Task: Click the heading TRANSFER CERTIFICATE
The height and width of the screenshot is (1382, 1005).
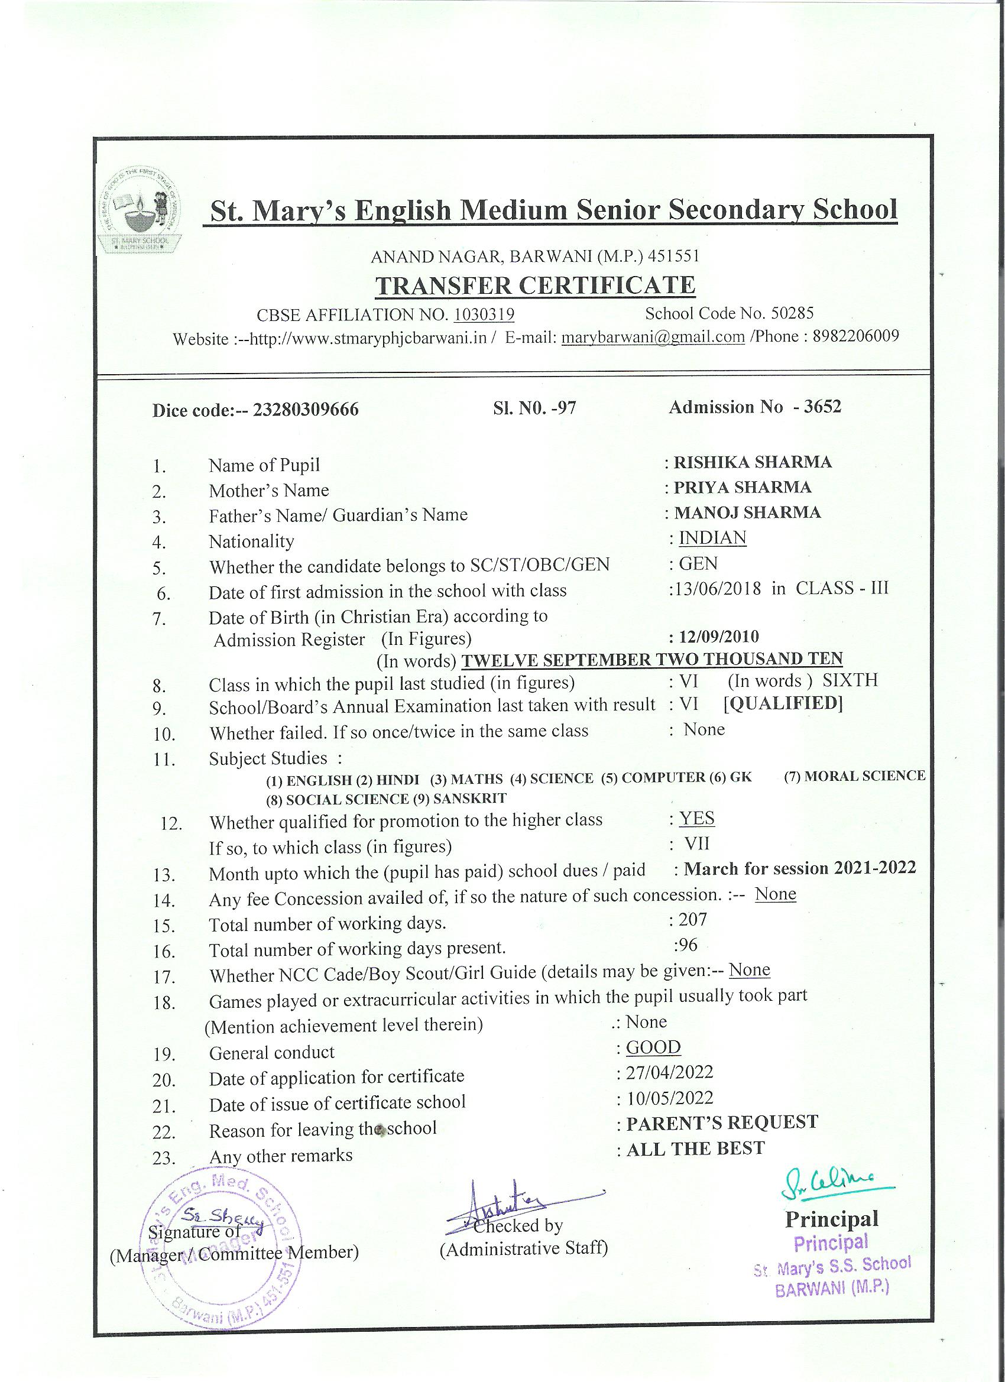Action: coord(535,285)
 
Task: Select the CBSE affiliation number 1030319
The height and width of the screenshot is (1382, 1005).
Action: coord(485,314)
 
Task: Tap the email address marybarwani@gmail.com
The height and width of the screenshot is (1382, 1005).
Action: coord(653,337)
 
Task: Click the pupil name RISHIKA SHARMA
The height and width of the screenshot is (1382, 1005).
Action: coord(752,462)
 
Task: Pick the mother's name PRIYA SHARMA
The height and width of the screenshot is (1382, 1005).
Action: coord(743,487)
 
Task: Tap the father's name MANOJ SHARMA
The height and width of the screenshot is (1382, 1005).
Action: coord(747,512)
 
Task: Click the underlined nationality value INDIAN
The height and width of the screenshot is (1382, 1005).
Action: coord(712,537)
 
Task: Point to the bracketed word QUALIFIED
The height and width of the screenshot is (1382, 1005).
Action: coord(783,704)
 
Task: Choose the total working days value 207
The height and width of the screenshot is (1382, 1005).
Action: coord(693,919)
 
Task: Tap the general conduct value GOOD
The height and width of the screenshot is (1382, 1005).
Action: coord(653,1047)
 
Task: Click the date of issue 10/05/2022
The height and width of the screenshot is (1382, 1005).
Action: coord(670,1098)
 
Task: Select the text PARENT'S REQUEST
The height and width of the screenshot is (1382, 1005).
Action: coord(722,1123)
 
